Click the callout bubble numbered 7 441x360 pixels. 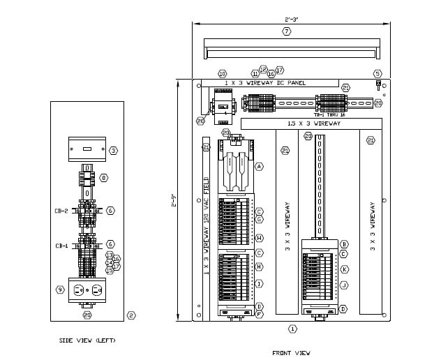(x=286, y=31)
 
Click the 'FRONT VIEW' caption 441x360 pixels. (x=292, y=353)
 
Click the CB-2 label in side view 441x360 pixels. (x=61, y=210)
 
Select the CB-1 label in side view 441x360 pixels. (x=61, y=246)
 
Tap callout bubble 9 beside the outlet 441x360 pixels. (x=60, y=290)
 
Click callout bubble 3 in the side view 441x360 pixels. (x=113, y=149)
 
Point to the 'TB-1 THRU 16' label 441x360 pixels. (x=331, y=112)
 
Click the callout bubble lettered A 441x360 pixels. (x=258, y=167)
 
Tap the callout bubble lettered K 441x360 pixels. (x=344, y=269)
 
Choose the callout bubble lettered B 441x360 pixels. (x=344, y=243)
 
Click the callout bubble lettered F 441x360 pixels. (x=259, y=315)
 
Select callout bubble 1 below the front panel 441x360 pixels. (x=292, y=328)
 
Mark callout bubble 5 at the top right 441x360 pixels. (x=378, y=73)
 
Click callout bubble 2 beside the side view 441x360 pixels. (x=130, y=315)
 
